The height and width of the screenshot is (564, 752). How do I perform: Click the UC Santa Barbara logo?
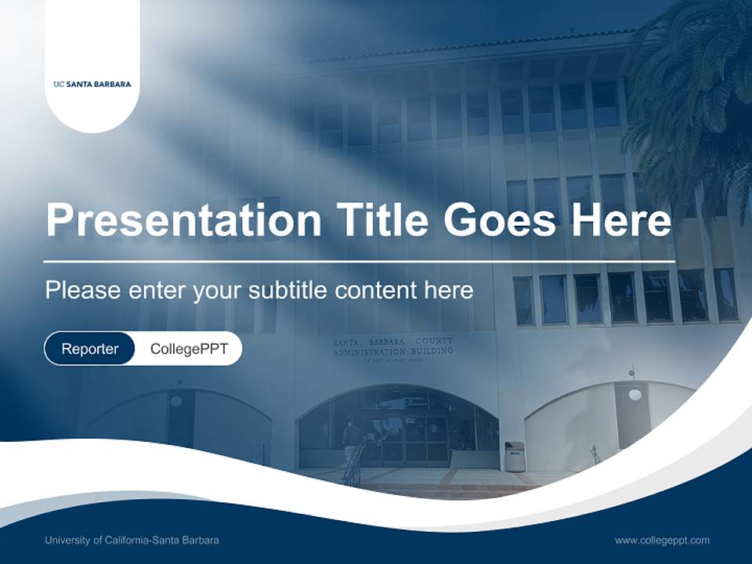(92, 84)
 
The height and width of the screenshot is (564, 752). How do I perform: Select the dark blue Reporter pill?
(90, 349)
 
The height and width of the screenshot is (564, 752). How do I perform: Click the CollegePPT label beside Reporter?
(189, 349)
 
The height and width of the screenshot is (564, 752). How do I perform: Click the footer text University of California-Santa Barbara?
(132, 540)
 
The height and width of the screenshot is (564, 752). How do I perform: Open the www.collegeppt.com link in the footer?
(662, 540)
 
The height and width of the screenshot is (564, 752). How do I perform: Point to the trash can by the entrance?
(514, 456)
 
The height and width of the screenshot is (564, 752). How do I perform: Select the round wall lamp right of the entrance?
(634, 393)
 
